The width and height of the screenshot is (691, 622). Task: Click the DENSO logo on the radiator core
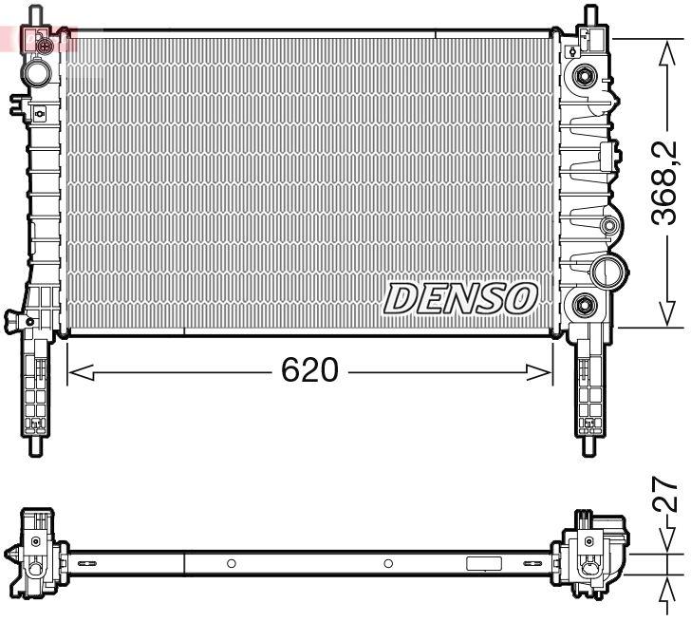point(460,298)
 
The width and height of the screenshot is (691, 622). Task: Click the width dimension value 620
point(309,370)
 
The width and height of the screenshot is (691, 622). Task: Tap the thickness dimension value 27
point(667,496)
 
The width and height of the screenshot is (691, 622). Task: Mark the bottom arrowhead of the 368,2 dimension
point(666,313)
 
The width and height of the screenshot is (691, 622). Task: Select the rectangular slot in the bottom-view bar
point(483,563)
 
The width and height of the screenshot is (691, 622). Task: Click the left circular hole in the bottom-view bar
point(231,563)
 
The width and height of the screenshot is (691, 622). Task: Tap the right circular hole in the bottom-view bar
point(388,563)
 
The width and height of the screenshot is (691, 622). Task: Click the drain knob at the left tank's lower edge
point(13,317)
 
